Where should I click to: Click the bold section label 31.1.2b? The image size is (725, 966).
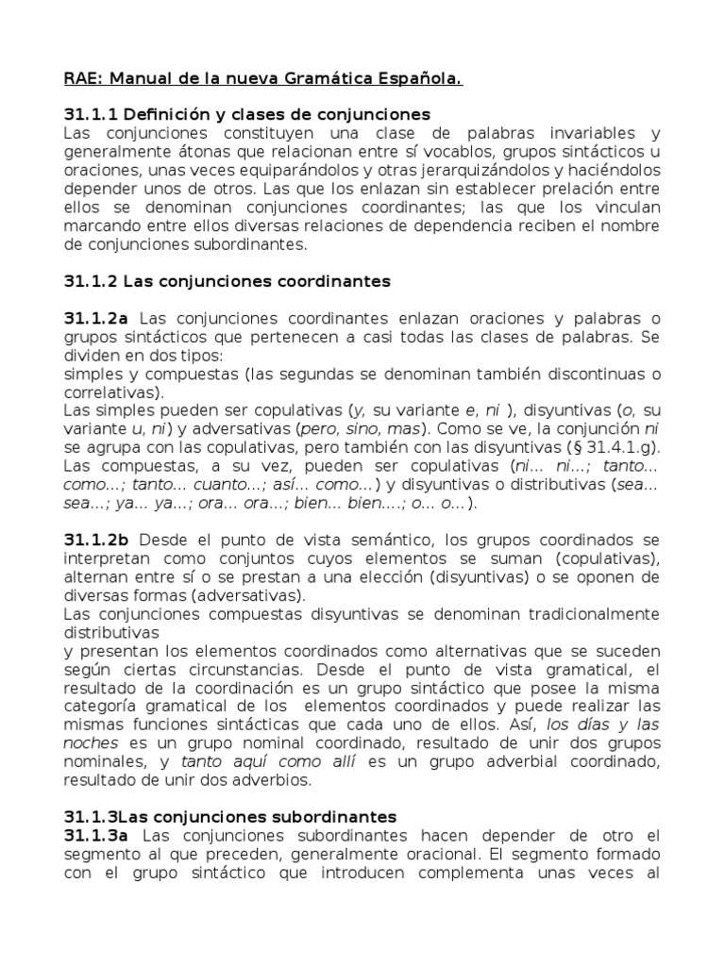click(x=97, y=540)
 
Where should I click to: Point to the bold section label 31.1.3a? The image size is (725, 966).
click(x=97, y=835)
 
